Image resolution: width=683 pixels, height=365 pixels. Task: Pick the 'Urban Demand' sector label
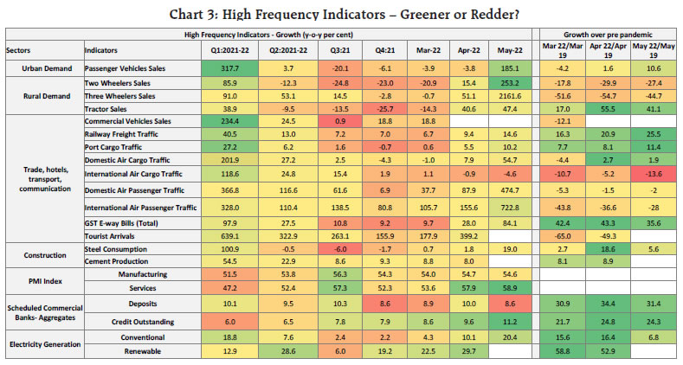point(35,67)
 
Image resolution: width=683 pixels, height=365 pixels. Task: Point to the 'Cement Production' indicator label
point(118,261)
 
